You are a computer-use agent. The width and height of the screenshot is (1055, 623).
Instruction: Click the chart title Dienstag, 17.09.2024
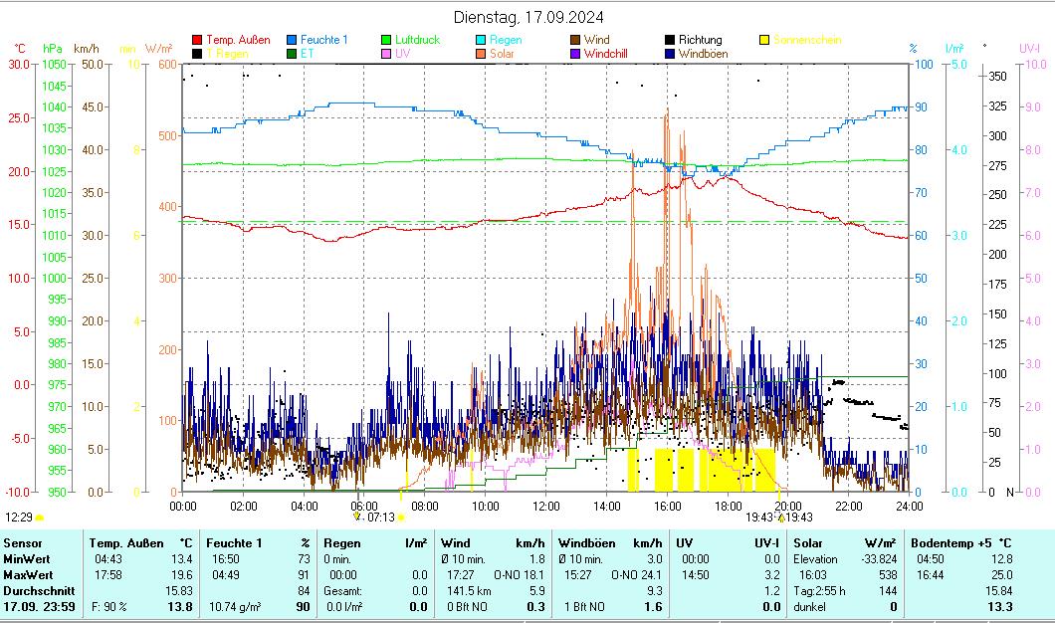click(x=527, y=17)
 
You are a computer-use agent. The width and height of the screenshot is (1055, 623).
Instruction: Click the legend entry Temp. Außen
click(x=237, y=40)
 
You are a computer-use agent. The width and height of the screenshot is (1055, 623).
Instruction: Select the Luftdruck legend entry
click(x=417, y=40)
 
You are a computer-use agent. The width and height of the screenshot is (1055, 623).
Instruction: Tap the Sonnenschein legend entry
click(x=806, y=40)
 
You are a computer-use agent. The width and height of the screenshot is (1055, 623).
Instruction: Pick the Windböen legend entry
click(x=703, y=54)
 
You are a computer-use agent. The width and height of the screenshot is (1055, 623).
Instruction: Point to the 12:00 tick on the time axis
click(x=545, y=506)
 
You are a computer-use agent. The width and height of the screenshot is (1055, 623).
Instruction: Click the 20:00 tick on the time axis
click(x=787, y=506)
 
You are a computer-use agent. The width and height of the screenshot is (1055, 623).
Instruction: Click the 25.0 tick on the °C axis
click(x=20, y=118)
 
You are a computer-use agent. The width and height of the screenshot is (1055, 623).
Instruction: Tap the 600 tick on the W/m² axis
click(x=166, y=65)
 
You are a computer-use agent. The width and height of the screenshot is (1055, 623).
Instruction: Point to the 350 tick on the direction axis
click(x=997, y=77)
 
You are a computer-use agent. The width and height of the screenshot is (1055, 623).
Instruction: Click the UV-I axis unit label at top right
click(x=1029, y=48)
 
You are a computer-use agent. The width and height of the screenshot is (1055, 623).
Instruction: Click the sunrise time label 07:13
click(x=381, y=518)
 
